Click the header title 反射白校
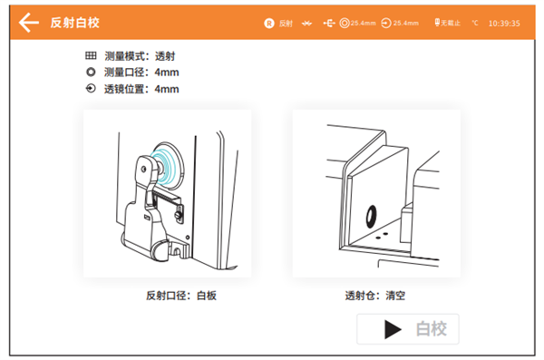(x=75, y=22)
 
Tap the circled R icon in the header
(x=268, y=22)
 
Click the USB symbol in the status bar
(x=328, y=22)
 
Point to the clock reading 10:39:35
(x=503, y=22)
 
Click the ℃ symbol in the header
(x=475, y=22)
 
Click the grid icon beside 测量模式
(x=90, y=56)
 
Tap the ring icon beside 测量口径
(x=90, y=73)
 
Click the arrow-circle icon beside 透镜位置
(x=90, y=89)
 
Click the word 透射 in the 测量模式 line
(x=166, y=56)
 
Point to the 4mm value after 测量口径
(x=167, y=73)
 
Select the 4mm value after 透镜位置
(x=167, y=89)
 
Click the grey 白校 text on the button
(x=431, y=329)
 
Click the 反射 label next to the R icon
(x=287, y=22)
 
